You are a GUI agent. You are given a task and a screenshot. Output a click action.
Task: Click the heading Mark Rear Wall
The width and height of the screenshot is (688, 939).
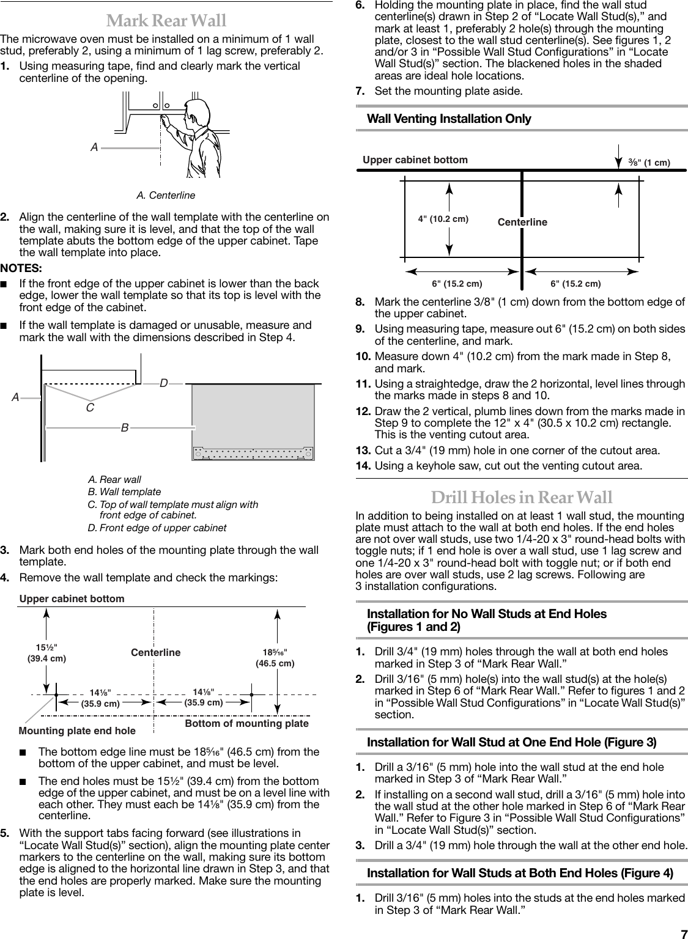(166, 21)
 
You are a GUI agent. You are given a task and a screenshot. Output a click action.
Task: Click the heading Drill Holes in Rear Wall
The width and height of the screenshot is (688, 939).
(522, 497)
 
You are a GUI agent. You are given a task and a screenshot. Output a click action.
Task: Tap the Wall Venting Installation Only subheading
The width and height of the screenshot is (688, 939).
(449, 119)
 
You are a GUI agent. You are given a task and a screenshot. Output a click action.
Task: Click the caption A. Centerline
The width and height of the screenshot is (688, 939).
(166, 195)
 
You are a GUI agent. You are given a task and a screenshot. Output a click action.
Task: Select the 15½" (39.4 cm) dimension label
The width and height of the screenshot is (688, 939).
(47, 653)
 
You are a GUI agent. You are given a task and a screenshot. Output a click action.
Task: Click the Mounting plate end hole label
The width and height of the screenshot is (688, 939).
(78, 731)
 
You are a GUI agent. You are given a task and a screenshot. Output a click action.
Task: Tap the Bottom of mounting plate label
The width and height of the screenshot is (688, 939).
(246, 723)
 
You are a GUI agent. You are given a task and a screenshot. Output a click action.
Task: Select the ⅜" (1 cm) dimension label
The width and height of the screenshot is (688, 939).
(649, 163)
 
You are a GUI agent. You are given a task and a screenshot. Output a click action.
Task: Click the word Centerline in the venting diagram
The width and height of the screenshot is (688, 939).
(522, 222)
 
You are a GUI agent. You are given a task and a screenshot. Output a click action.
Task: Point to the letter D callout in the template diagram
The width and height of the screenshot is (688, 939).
(163, 383)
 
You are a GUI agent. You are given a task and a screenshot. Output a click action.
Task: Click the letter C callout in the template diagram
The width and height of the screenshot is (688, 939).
(90, 407)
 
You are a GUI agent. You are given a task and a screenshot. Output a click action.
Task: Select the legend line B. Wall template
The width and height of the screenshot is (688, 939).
(125, 492)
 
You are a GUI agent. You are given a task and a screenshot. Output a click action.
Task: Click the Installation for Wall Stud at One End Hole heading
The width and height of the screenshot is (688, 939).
(511, 742)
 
